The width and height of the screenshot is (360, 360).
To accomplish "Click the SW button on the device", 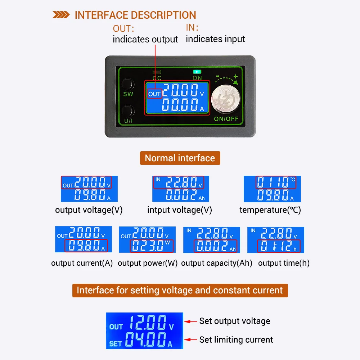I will (x=128, y=84).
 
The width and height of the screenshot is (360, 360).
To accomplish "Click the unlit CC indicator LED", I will (x=157, y=72).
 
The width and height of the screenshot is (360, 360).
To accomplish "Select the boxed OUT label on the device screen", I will (x=154, y=94).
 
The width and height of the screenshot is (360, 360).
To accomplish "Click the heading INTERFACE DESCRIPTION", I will (x=135, y=15).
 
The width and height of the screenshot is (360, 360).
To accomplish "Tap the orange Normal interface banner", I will (x=180, y=158).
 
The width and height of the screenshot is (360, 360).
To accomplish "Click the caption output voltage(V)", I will (x=89, y=210).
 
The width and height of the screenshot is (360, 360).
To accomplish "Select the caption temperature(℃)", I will (x=270, y=210).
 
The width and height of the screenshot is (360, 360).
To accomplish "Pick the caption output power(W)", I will (x=148, y=263).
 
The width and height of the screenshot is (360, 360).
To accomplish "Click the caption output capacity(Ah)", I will (x=217, y=263).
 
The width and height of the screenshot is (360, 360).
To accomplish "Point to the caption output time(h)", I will (x=284, y=263).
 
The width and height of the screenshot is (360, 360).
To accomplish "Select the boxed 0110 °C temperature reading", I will (x=276, y=183).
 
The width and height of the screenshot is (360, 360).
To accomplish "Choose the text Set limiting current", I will (x=236, y=339).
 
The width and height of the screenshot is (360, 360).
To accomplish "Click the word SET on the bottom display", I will (x=116, y=343).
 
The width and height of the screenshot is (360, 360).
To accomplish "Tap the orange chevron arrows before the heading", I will (x=61, y=15).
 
